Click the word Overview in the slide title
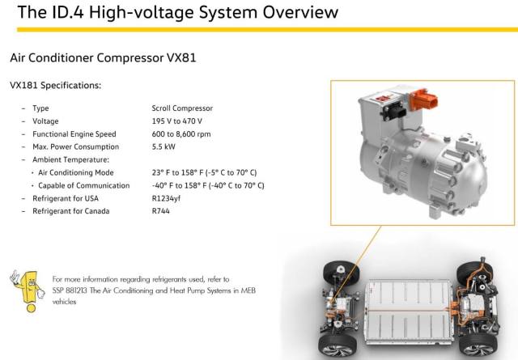point(300,12)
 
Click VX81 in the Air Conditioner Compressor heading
point(181,57)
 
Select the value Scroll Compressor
point(182,108)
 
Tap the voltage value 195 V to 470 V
point(176,121)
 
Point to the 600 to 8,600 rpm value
point(181,134)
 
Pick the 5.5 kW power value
point(163,146)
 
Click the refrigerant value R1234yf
point(166,198)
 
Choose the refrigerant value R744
point(160,211)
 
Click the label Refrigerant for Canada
point(70,211)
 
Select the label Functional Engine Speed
point(74,134)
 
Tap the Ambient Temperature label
point(70,160)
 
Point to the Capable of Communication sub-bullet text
point(84,185)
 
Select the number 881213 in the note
point(76,290)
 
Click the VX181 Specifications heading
point(56,85)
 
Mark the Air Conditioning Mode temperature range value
point(204,173)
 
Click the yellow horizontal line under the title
point(267,30)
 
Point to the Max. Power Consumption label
point(75,146)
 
